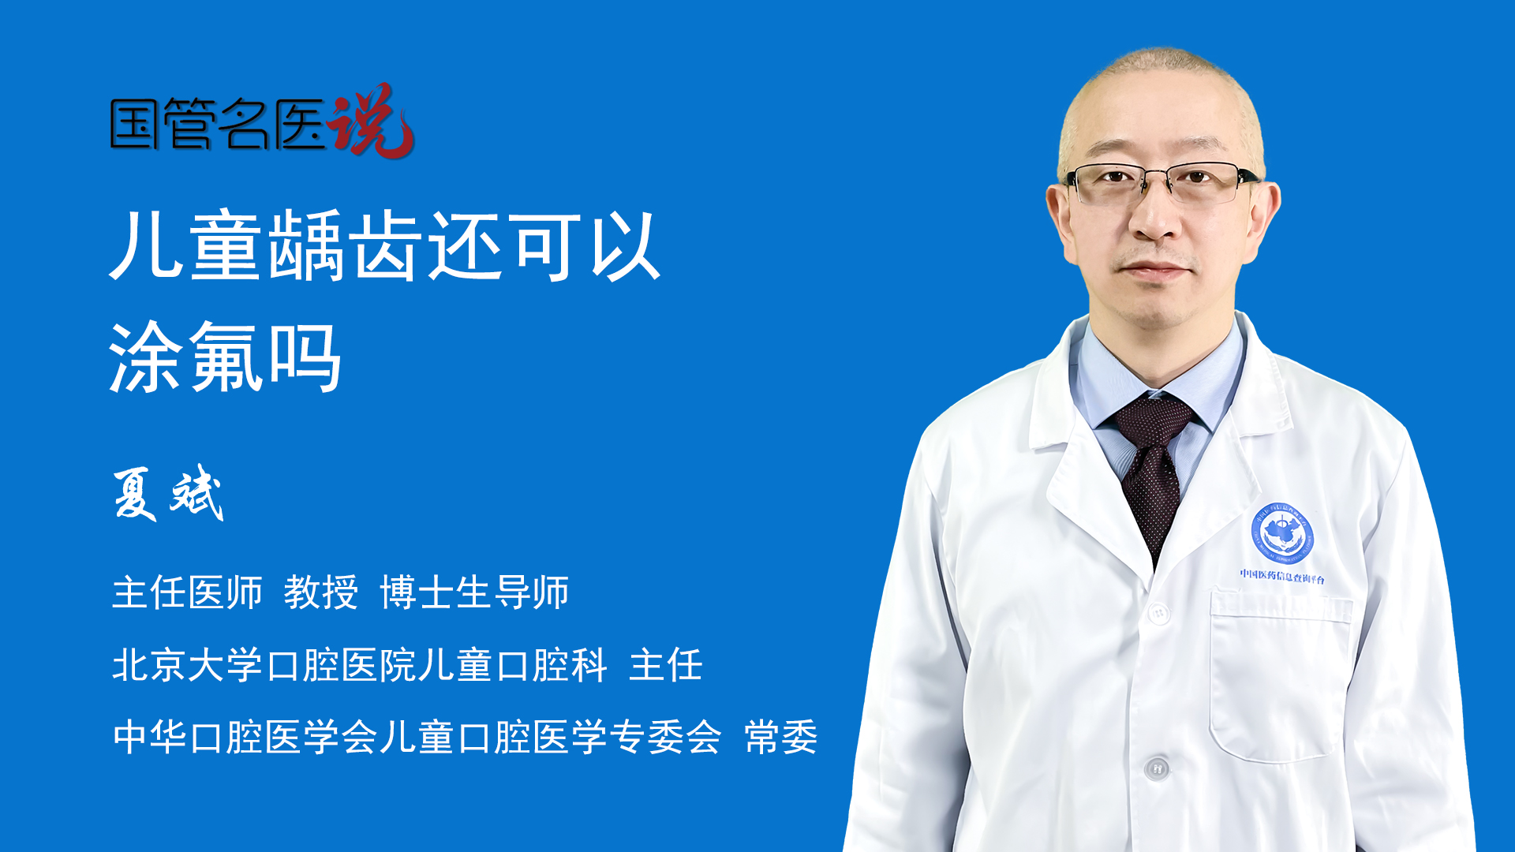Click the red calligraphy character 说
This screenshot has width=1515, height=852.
click(371, 120)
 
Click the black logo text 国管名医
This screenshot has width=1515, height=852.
click(218, 124)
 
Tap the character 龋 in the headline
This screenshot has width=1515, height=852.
click(306, 245)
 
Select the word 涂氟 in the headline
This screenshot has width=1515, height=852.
click(186, 357)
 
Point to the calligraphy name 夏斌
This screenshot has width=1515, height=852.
click(168, 493)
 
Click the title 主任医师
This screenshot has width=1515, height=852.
click(187, 592)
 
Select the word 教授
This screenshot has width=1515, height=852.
click(321, 592)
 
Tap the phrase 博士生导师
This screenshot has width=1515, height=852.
click(474, 592)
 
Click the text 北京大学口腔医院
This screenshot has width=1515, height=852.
click(264, 664)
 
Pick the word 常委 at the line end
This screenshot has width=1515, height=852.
click(781, 737)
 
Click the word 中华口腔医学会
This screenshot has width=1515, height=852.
click(245, 737)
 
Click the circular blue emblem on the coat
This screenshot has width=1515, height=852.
click(1282, 533)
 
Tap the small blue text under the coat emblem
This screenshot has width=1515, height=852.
click(1282, 576)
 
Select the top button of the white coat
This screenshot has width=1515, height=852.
click(1159, 612)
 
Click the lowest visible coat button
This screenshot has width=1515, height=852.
click(1157, 768)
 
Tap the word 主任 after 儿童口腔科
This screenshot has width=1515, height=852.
click(666, 664)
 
